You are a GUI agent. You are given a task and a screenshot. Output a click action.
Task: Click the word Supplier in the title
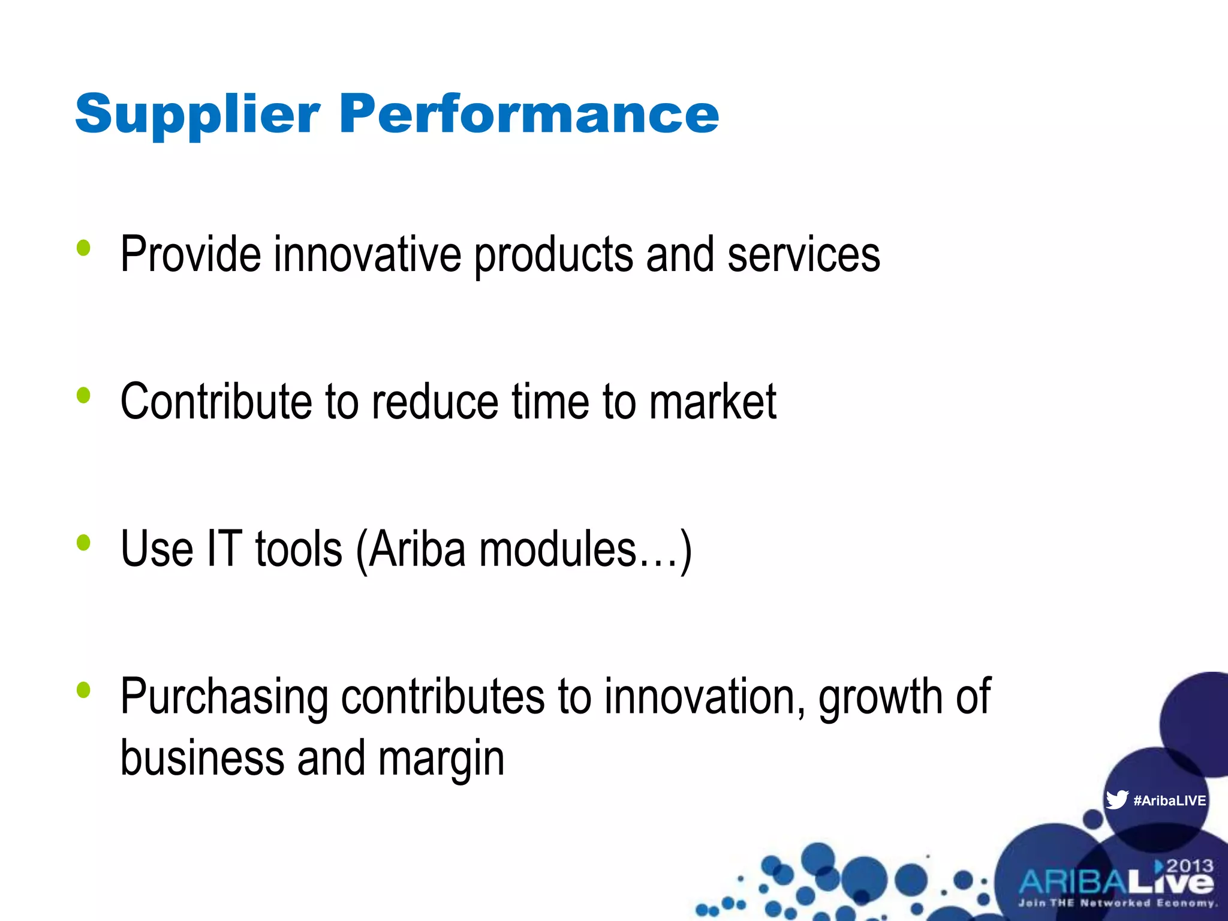[197, 115]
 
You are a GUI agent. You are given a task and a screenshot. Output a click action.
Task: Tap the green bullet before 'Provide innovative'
[83, 248]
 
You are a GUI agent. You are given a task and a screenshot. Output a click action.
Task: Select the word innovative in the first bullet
[368, 254]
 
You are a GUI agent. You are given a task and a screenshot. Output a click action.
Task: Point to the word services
[803, 254]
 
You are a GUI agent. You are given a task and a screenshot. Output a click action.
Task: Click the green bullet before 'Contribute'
[83, 395]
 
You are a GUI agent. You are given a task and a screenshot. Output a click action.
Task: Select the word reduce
[435, 401]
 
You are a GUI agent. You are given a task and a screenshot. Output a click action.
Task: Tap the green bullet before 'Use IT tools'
[83, 543]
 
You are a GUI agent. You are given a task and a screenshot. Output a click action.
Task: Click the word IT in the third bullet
[224, 548]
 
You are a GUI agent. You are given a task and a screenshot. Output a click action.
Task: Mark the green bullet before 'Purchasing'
[83, 690]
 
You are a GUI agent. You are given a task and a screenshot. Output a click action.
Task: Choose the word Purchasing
[224, 697]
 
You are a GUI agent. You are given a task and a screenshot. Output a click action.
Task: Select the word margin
[441, 759]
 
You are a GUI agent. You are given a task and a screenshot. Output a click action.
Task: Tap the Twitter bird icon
[1117, 800]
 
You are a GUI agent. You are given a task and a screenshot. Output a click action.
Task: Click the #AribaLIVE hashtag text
[1169, 800]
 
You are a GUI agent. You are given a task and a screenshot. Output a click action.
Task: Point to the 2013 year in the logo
[1190, 866]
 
